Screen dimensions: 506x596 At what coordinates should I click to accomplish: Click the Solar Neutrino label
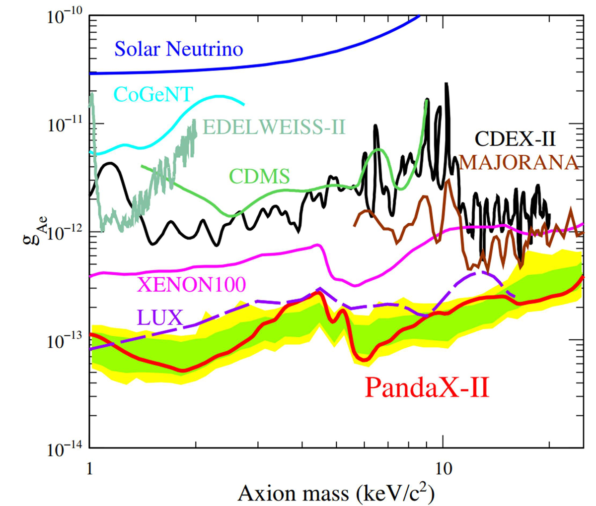click(x=179, y=49)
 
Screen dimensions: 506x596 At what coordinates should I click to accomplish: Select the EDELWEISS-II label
click(x=275, y=127)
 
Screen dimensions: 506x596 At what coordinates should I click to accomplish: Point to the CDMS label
click(x=259, y=176)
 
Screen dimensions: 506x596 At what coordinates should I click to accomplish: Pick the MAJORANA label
click(x=519, y=162)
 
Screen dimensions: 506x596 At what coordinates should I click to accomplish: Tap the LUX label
click(x=161, y=317)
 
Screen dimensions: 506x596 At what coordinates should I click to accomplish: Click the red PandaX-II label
click(x=427, y=387)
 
